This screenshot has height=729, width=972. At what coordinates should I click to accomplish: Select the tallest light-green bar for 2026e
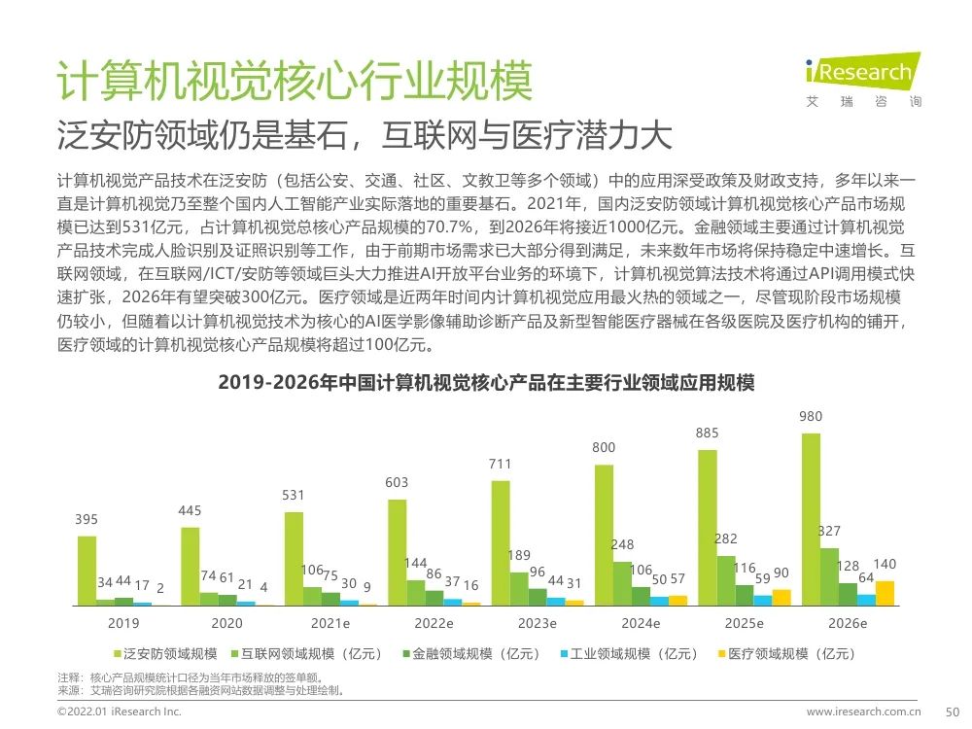[811, 519]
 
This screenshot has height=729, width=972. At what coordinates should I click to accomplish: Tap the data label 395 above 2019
[87, 520]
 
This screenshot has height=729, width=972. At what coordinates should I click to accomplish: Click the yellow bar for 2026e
[885, 593]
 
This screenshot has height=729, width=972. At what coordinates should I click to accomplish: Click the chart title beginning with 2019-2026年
[486, 383]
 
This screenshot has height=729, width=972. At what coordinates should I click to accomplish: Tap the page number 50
[953, 712]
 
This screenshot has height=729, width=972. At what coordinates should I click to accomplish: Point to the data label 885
[708, 434]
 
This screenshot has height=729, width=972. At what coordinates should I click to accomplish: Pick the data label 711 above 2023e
[500, 465]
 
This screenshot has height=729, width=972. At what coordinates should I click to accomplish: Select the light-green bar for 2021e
[294, 558]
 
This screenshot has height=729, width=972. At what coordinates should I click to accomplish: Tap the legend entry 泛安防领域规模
[169, 654]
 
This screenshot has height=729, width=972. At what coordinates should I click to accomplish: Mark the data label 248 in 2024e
[623, 545]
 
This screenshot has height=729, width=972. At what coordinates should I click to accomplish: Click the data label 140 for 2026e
[885, 565]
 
